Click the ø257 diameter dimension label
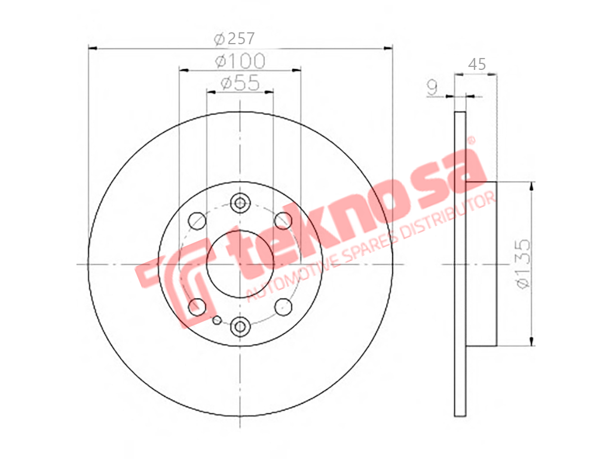[x=234, y=38]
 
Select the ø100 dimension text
[x=240, y=61]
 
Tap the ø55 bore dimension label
[x=240, y=82]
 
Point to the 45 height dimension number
[x=476, y=64]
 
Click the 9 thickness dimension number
[x=432, y=88]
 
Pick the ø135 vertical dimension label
[x=523, y=264]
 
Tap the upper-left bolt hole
[x=197, y=221]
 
